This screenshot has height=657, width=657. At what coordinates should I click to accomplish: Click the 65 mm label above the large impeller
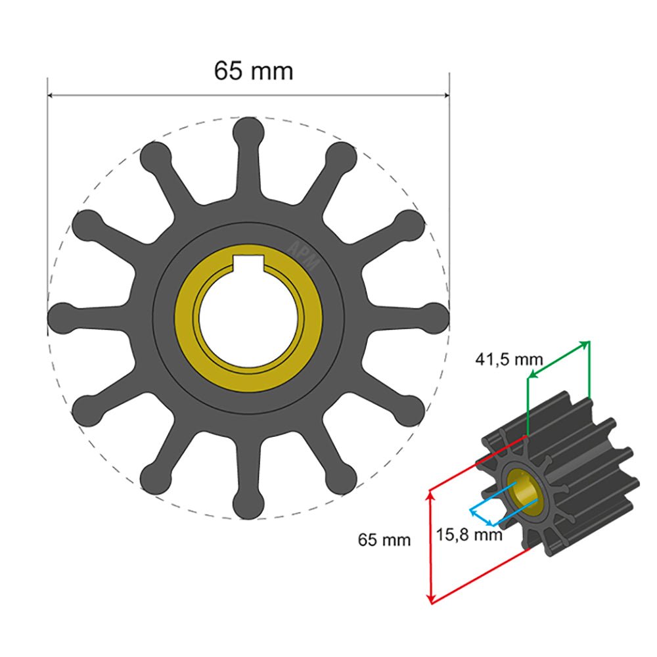(253, 70)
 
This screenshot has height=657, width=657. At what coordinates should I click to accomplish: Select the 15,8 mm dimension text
(469, 534)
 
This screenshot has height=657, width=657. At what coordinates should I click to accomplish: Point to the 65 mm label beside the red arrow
(384, 540)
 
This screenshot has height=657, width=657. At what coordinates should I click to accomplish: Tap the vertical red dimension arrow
(430, 545)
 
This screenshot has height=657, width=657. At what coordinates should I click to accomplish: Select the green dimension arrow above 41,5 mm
(558, 359)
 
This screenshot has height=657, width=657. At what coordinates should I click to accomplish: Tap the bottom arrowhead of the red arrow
(430, 599)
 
